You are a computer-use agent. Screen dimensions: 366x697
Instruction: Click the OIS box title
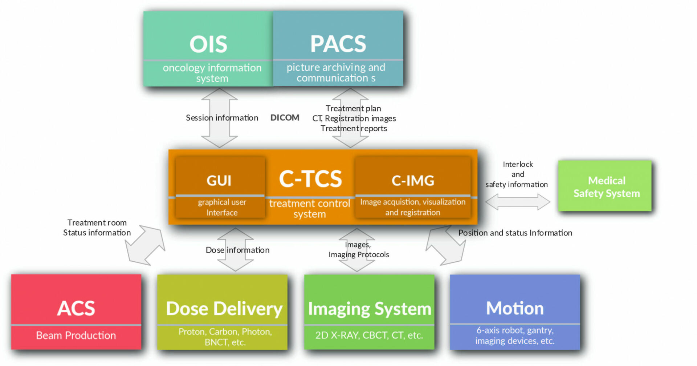(x=208, y=44)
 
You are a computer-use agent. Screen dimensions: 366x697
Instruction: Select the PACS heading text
(x=338, y=44)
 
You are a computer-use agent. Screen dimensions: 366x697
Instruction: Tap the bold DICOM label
(x=285, y=118)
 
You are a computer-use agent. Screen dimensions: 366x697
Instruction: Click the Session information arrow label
(x=222, y=118)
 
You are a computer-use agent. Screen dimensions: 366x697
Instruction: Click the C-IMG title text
(x=413, y=181)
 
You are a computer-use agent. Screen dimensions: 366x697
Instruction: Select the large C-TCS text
(x=310, y=178)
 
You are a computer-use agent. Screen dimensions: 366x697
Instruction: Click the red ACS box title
(x=76, y=308)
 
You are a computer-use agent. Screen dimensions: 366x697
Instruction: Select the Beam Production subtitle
(x=76, y=335)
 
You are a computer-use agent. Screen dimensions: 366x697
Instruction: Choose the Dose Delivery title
(x=224, y=309)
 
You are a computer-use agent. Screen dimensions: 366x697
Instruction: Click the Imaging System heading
(x=369, y=309)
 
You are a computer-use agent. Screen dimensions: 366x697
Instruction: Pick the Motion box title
(x=514, y=308)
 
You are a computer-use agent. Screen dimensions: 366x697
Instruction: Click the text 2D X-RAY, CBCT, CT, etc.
(x=369, y=335)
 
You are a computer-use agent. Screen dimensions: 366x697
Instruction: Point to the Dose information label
(x=237, y=250)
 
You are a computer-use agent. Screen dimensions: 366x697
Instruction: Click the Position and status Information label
(x=515, y=233)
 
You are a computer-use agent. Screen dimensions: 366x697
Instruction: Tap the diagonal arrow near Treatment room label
(x=144, y=245)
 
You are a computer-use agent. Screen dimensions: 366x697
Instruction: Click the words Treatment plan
(x=353, y=108)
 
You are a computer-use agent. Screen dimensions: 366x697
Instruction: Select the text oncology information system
(x=212, y=73)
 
